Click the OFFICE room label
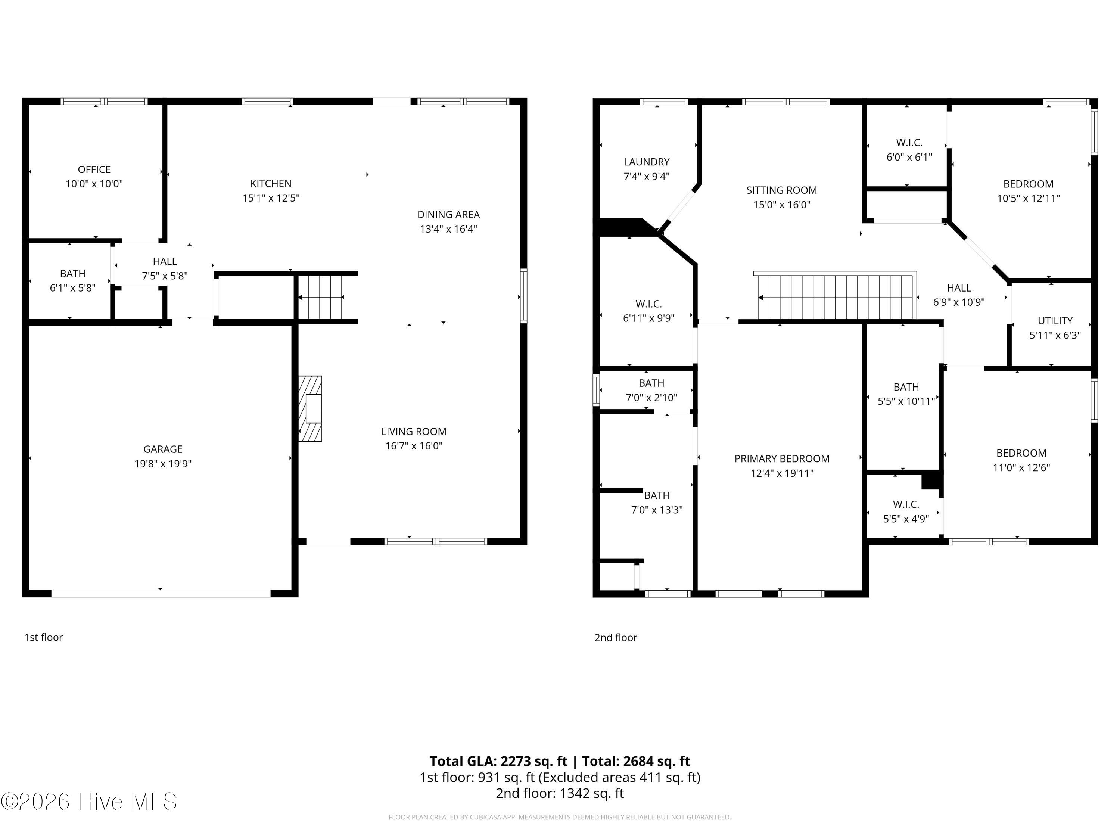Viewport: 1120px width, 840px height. pos(94,169)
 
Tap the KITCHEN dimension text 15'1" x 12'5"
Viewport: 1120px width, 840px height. pos(271,198)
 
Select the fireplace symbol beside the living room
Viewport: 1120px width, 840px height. pos(310,408)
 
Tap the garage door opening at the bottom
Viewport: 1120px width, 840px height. pos(161,594)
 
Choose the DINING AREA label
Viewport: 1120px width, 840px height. pos(449,215)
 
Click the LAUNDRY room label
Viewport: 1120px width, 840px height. pos(647,162)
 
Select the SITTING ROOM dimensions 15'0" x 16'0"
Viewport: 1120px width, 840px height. pos(782,205)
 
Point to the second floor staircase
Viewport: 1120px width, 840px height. pos(836,296)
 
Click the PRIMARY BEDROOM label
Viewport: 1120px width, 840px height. pos(782,459)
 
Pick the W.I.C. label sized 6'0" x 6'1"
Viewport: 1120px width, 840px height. pos(909,143)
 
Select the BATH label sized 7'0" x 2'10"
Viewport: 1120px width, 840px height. pos(651,383)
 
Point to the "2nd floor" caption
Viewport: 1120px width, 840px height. pos(616,638)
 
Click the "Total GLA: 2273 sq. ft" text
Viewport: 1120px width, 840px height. pos(498,761)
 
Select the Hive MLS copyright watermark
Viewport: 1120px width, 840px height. pos(89,802)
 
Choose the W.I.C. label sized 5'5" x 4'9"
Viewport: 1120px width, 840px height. pos(906,504)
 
